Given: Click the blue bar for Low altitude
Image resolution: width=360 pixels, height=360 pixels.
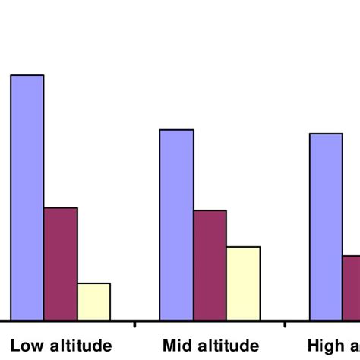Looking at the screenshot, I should click(27, 197).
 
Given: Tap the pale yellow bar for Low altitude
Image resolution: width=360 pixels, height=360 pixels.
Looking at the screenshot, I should click(93, 302).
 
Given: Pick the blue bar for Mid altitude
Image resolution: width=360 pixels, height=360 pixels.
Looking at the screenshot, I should click(175, 225).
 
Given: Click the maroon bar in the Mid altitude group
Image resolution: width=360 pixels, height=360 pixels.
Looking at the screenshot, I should click(210, 265).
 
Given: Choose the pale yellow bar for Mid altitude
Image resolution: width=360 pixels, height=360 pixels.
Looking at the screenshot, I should click(243, 283).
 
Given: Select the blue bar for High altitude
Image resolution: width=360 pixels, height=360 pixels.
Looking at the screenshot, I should click(326, 227).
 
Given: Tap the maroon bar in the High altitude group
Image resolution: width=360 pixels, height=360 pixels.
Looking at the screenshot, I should click(351, 288).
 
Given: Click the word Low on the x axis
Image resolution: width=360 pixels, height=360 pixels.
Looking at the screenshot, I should click(25, 346).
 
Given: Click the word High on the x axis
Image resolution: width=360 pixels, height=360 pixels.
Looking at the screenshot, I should click(324, 346).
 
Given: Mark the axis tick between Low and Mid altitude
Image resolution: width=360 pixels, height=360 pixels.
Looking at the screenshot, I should click(135, 324).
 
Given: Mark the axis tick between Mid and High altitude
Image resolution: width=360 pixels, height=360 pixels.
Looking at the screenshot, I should click(285, 324).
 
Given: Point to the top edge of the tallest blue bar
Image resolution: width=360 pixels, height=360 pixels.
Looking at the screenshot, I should click(27, 75).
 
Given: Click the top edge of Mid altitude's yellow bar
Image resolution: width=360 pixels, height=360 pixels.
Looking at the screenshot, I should click(243, 247).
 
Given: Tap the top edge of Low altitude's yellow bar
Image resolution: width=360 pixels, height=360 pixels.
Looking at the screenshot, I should click(93, 283).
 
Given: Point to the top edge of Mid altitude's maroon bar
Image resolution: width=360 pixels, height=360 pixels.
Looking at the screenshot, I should click(210, 210).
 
